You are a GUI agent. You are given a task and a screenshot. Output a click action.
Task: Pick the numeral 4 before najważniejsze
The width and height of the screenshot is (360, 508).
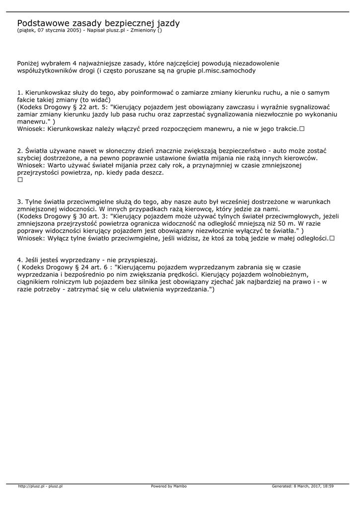(73, 63)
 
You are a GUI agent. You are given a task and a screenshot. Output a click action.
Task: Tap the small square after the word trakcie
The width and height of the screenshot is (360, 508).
(301, 129)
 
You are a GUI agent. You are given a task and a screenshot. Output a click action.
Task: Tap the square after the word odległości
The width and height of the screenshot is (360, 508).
(332, 238)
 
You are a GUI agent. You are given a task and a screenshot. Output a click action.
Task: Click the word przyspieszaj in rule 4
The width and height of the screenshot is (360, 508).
(136, 260)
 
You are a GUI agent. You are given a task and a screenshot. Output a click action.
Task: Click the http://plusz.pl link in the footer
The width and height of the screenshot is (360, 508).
(31, 486)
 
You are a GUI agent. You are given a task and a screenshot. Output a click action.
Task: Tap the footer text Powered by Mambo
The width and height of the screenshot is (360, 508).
(169, 486)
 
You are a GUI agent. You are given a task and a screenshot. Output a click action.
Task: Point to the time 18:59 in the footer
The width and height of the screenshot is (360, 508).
(327, 486)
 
